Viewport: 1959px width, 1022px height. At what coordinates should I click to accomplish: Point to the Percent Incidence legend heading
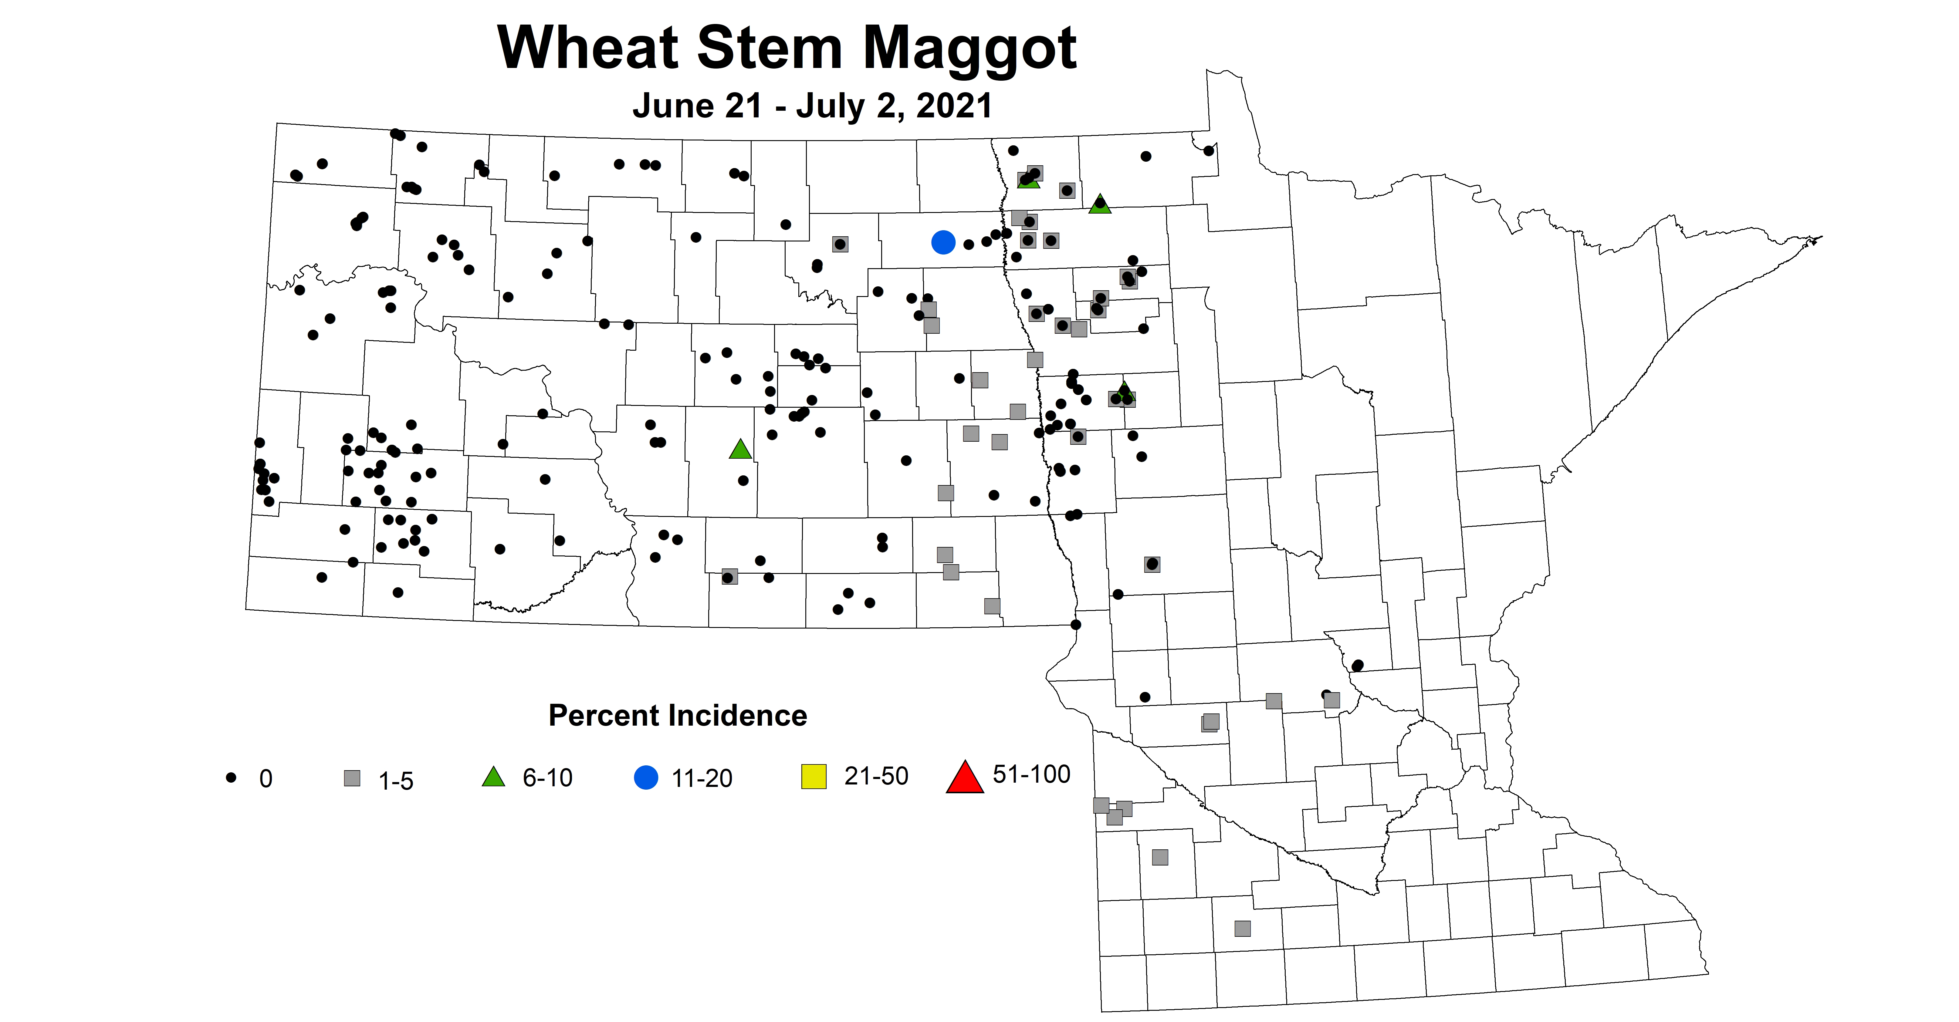click(x=678, y=716)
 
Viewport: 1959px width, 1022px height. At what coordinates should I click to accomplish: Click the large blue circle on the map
click(x=943, y=243)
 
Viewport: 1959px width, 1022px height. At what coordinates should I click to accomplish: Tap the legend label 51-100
click(x=1031, y=774)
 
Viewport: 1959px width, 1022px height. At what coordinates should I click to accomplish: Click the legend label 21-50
click(x=876, y=776)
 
